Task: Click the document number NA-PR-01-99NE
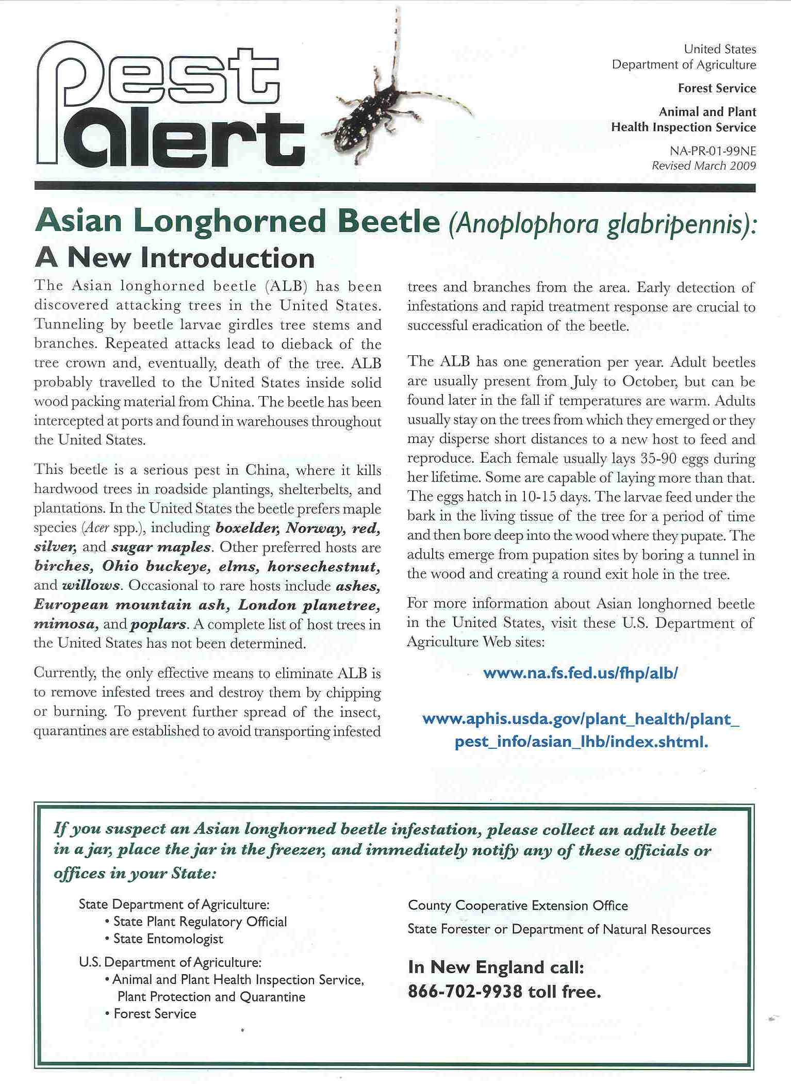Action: point(713,151)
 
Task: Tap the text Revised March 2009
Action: point(704,166)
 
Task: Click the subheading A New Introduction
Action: point(175,258)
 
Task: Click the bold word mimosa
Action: point(65,624)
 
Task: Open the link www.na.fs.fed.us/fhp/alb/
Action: point(581,673)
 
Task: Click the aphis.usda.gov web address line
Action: point(581,719)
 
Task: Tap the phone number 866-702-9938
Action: point(465,991)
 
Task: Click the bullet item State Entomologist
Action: point(168,939)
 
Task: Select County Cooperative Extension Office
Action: point(518,906)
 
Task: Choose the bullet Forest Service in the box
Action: point(155,1013)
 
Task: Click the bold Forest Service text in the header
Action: point(717,88)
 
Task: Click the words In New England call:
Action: point(496,967)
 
